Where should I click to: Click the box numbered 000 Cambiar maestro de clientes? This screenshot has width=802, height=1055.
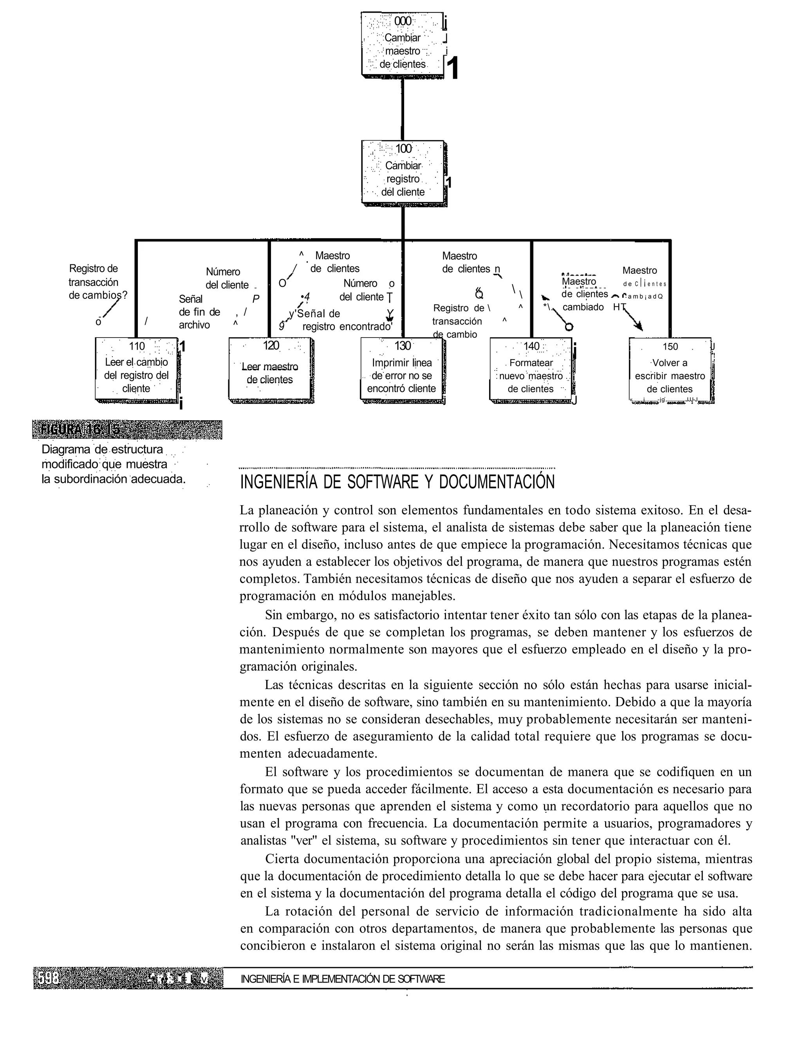coord(403,44)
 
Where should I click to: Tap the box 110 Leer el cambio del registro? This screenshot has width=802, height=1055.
coord(137,369)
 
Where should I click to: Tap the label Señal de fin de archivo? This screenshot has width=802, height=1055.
coord(200,312)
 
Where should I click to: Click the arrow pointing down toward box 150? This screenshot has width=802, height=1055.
coord(631,318)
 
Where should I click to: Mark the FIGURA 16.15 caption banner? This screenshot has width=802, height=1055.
coord(127,429)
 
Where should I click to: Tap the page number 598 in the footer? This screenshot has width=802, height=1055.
coord(48,979)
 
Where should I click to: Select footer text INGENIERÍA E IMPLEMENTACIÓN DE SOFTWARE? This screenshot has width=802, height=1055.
coord(343,979)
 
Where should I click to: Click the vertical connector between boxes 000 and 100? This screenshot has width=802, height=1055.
coord(403,109)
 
